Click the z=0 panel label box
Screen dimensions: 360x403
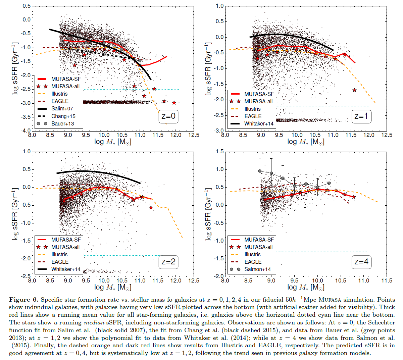pos(168,116)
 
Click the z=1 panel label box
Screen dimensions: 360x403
pos(361,116)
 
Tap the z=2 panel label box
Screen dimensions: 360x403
pos(168,262)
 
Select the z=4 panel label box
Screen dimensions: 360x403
pos(361,262)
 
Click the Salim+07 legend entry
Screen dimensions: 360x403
pos(62,109)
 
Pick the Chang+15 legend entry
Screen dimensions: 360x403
pos(63,116)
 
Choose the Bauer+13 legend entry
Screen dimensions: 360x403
pos(62,123)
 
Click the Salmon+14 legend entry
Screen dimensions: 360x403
pos(257,269)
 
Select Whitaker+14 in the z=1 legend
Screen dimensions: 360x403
pos(259,123)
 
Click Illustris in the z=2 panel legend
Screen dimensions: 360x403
pos(59,254)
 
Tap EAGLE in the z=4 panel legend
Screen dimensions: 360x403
pos(253,262)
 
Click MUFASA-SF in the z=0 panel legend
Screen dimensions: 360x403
pos(66,79)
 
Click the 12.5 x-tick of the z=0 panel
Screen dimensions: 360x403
pos(194,135)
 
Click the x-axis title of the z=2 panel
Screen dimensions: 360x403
pos(113,287)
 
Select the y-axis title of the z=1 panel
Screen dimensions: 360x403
pos(209,68)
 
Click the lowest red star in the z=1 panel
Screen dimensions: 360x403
pos(355,90)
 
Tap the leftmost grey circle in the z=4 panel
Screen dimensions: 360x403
pos(260,171)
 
